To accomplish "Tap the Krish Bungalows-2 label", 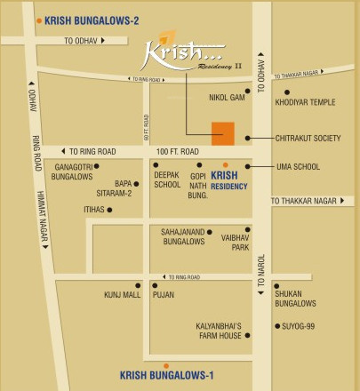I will tap(89, 19).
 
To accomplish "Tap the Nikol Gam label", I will tap(226, 92).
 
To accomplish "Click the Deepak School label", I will tap(167, 180).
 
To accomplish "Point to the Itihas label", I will tap(94, 210).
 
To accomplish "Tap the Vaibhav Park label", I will tap(236, 242).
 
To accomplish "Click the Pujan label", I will tap(164, 293).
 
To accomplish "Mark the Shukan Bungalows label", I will tap(296, 298).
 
